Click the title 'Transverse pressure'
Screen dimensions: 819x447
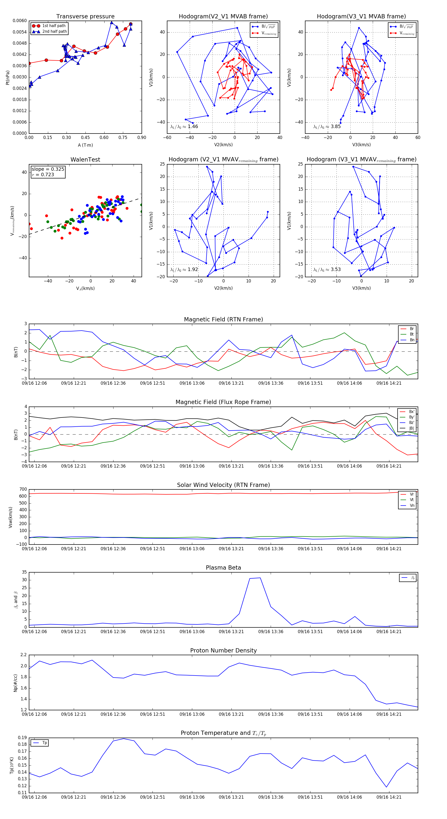tap(85, 17)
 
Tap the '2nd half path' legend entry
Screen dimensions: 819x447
tap(54, 32)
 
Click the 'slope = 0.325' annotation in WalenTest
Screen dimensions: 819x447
tap(48, 169)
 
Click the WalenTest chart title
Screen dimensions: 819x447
tap(85, 160)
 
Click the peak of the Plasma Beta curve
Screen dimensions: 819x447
tap(260, 578)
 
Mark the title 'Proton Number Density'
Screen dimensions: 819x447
tap(223, 650)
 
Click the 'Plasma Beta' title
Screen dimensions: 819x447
tap(223, 568)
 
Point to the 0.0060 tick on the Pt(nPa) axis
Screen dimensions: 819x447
tap(20, 21)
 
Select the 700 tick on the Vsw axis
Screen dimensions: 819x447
tap(23, 489)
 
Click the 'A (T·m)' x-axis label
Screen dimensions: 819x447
tap(85, 145)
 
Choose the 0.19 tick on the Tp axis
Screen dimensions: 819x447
tap(22, 738)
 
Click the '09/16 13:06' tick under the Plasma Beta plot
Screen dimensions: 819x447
tap(192, 631)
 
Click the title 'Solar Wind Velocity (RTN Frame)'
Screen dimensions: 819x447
tap(223, 485)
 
